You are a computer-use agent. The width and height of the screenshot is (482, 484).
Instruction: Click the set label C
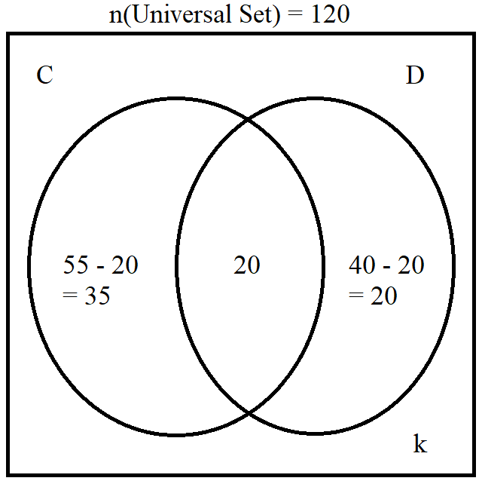point(44,75)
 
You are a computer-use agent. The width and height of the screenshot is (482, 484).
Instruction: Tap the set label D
point(415,75)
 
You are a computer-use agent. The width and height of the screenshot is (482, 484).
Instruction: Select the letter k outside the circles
point(420,443)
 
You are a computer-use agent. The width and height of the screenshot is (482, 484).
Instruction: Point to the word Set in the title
point(255,14)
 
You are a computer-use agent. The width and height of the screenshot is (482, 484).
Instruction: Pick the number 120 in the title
point(331,14)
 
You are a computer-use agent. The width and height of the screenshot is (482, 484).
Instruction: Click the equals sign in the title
point(295,15)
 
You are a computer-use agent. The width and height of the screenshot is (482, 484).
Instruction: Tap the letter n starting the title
point(116,17)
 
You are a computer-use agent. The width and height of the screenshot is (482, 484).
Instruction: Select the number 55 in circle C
point(75,265)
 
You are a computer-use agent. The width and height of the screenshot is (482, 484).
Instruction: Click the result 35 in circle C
point(97,296)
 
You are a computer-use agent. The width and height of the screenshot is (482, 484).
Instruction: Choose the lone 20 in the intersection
point(247,265)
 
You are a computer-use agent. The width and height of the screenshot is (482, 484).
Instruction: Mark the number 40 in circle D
point(362,265)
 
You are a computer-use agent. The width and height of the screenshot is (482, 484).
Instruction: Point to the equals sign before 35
point(70,295)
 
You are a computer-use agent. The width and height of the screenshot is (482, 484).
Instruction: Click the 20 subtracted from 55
point(124,265)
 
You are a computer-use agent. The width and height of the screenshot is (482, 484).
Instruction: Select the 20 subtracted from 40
point(410,265)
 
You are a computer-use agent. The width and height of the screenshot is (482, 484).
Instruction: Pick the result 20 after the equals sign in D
point(383,296)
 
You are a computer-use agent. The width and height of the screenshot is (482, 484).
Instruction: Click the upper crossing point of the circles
point(248,118)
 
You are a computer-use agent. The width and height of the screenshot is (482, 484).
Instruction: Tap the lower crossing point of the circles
point(249,412)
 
